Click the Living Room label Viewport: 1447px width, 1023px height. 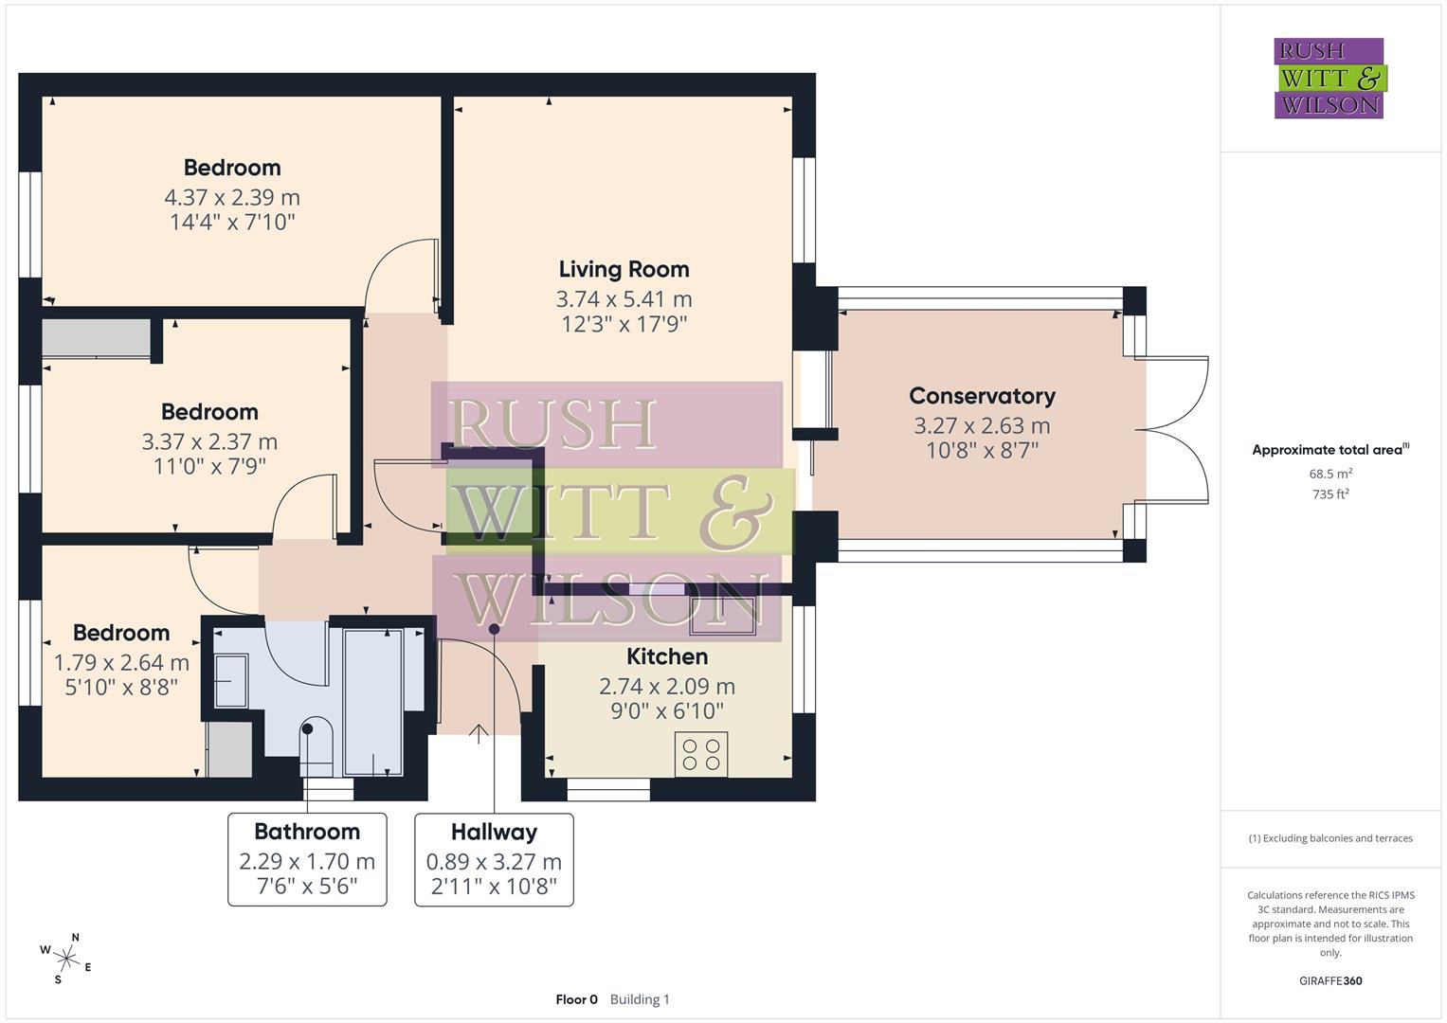click(624, 270)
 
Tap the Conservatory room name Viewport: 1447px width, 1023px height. click(982, 396)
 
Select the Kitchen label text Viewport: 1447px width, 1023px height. click(667, 656)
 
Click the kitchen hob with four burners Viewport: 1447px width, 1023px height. click(701, 754)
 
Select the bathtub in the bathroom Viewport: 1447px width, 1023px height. click(373, 700)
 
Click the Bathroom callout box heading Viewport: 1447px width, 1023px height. click(307, 832)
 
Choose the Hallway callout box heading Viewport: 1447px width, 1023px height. click(494, 832)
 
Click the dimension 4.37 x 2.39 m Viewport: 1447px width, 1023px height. click(232, 198)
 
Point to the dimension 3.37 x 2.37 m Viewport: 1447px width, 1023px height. click(209, 442)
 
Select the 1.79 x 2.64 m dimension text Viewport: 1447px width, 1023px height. click(121, 663)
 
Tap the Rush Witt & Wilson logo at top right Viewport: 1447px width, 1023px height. click(1329, 79)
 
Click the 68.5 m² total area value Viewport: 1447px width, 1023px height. click(1330, 474)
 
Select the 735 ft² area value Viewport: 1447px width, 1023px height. click(1330, 494)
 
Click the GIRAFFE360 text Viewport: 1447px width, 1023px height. click(1330, 980)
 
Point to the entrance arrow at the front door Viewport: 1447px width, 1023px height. click(479, 733)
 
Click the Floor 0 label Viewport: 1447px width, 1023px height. click(576, 999)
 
